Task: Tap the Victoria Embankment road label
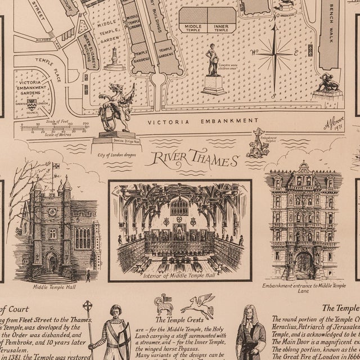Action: pyautogui.click(x=203, y=121)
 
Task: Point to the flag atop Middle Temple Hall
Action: pyautogui.click(x=56, y=167)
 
